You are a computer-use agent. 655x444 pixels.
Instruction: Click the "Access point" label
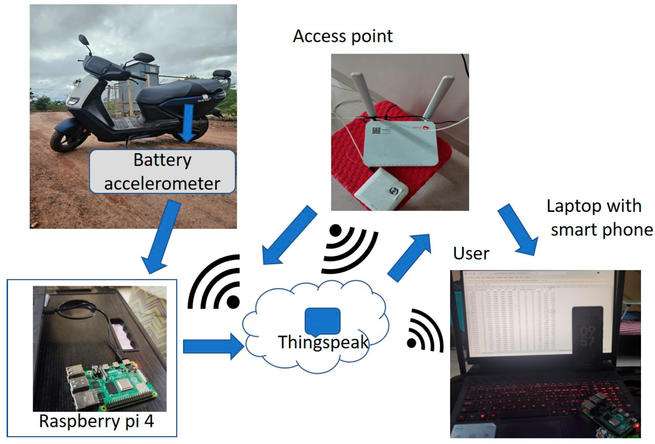[342, 36]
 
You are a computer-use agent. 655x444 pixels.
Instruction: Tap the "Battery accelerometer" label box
[162, 171]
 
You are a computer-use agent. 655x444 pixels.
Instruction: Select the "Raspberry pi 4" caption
[96, 421]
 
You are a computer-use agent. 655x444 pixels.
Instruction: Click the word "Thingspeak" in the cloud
[323, 342]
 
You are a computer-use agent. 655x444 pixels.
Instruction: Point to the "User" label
[471, 253]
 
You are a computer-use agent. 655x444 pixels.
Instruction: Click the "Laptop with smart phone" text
[599, 218]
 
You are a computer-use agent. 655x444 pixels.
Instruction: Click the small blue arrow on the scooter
[188, 123]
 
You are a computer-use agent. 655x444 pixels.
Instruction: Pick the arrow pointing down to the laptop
[518, 229]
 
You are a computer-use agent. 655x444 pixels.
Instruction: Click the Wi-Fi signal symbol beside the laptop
[424, 332]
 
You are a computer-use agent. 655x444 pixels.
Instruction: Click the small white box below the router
[381, 189]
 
